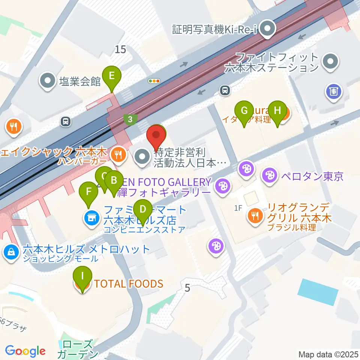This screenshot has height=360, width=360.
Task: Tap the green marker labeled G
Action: [244, 111]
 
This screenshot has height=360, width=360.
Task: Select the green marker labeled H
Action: [277, 111]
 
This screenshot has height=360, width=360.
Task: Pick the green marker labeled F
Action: [88, 192]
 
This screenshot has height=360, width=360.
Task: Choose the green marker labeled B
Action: [114, 181]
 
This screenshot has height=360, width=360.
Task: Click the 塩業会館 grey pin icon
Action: [48, 81]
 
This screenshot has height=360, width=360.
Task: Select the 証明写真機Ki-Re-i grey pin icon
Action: [268, 29]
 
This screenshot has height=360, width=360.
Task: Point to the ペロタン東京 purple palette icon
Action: [269, 174]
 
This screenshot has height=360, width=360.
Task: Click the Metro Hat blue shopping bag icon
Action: [12, 252]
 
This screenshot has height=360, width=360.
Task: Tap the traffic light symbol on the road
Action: [154, 81]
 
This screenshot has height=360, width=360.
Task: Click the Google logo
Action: [25, 351]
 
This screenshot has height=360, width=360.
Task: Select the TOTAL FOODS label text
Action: [129, 283]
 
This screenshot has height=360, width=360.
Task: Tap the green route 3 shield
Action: [130, 119]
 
